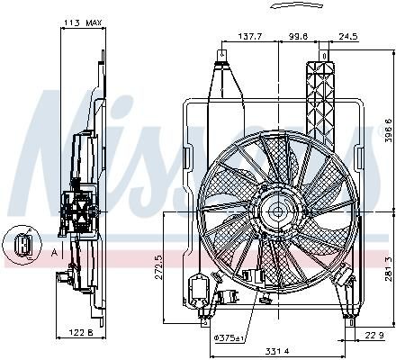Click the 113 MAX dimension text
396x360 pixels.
point(83,22)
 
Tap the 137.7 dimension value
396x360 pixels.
point(250,37)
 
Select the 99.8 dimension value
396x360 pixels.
point(298,37)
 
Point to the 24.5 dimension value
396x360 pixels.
point(348,37)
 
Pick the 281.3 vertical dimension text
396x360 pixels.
point(389,269)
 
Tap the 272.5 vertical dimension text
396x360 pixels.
point(158,267)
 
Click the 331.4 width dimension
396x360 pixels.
point(277,350)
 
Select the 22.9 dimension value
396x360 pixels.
point(373,335)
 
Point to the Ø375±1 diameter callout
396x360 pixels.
point(229,338)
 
